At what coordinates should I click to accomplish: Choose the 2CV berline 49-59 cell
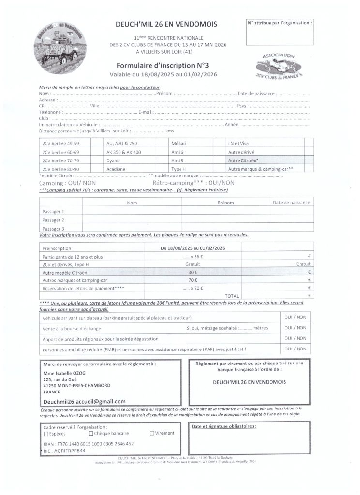tap(61, 144)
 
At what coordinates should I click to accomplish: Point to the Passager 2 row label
tap(53, 220)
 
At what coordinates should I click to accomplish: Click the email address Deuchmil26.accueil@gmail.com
tap(84, 401)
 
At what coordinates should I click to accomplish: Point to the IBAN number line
tap(88, 443)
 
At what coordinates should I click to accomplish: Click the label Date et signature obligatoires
tap(224, 427)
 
